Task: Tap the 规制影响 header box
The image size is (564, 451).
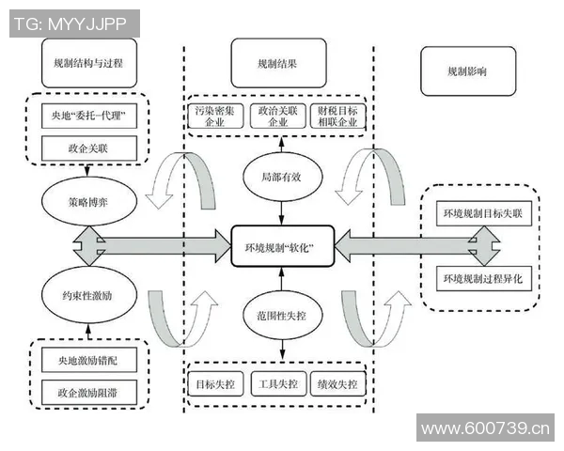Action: click(467, 71)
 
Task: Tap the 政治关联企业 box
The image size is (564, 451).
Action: click(278, 117)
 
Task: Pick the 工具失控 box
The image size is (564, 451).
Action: click(278, 384)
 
